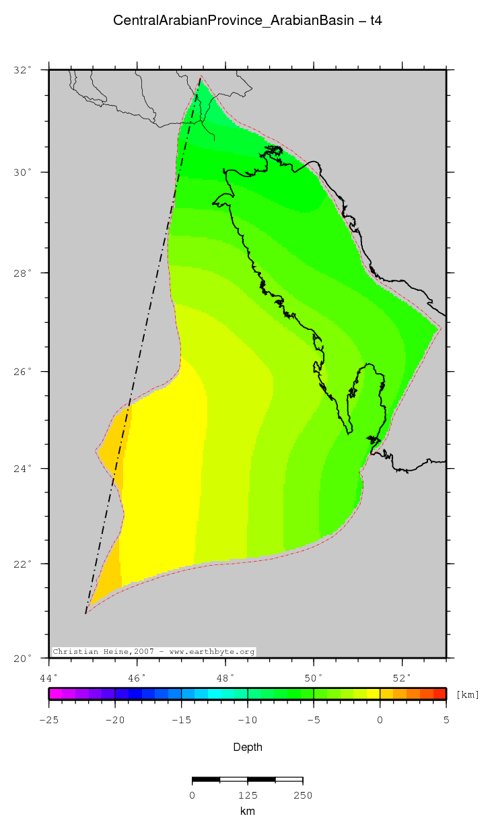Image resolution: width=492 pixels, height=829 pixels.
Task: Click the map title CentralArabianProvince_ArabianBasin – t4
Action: pyautogui.click(x=248, y=21)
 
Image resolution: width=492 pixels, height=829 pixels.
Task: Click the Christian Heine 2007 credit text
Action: pyautogui.click(x=153, y=652)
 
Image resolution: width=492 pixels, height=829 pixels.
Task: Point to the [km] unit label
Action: pyautogui.click(x=468, y=694)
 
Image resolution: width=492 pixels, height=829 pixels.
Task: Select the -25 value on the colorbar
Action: pyautogui.click(x=48, y=720)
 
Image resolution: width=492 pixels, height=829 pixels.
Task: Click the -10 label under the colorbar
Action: pyautogui.click(x=247, y=720)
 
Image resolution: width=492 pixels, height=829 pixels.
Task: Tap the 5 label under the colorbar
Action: pyautogui.click(x=446, y=720)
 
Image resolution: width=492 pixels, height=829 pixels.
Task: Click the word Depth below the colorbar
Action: pyautogui.click(x=247, y=747)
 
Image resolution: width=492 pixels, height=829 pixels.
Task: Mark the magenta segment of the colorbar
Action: pyautogui.click(x=55, y=694)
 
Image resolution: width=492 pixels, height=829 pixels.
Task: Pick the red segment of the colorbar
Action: pyautogui.click(x=439, y=694)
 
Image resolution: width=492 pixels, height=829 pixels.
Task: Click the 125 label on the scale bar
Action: pyautogui.click(x=247, y=795)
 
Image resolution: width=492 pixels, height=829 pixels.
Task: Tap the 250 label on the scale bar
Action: pyautogui.click(x=302, y=795)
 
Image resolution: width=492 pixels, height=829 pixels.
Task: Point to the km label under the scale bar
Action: pyautogui.click(x=247, y=811)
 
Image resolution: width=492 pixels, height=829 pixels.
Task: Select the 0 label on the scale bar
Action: pyautogui.click(x=192, y=795)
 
